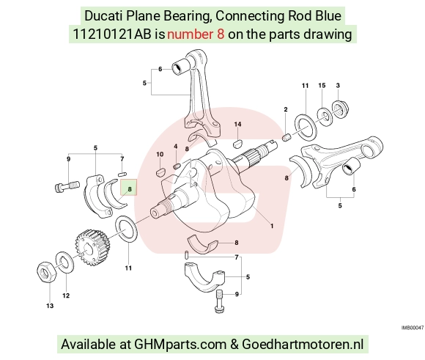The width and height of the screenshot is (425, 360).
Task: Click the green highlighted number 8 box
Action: pos(129,188)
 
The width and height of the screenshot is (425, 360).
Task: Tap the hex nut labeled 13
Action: pos(46,273)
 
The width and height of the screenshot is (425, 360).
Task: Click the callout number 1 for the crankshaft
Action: pos(272,226)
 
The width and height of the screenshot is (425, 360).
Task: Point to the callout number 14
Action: pos(237,124)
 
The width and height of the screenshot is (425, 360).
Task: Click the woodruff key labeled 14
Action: pos(238,143)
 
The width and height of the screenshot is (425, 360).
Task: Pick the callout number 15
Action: pos(322,86)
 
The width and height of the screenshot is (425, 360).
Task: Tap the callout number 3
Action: pos(338,86)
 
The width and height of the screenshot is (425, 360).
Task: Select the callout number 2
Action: pos(286,109)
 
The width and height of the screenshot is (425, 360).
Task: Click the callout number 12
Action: pos(66,295)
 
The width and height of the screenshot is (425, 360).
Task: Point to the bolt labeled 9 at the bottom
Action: pos(220,301)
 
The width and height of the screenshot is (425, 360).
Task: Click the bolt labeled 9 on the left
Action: pos(67,187)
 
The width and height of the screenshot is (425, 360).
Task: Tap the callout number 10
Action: pos(160,155)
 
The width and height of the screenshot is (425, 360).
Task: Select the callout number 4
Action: pos(176,147)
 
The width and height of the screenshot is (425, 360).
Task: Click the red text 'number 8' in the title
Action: pos(196,34)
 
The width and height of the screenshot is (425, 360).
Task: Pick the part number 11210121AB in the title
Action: pos(112,34)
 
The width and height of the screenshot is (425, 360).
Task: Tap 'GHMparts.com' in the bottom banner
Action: pos(180,345)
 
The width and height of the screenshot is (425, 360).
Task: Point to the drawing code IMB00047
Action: pos(413,328)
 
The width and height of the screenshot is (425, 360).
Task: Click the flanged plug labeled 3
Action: pos(341,109)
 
